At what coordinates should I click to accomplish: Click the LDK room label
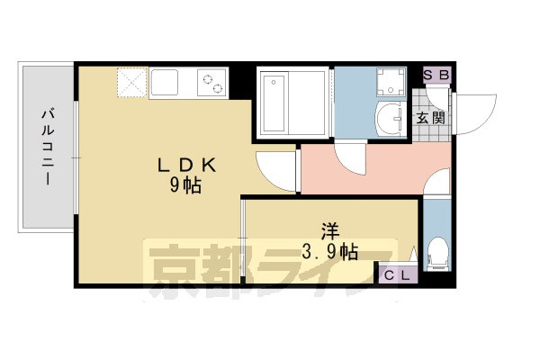pos(186,166)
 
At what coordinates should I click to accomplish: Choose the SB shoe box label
pos(436,76)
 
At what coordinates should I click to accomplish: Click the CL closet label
pos(397,276)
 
